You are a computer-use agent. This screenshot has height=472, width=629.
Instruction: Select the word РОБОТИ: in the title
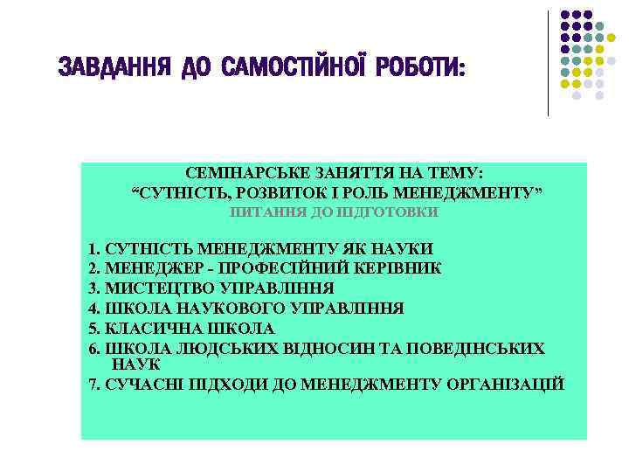tap(420, 67)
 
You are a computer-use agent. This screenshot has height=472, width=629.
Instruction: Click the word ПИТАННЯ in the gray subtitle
tap(259, 212)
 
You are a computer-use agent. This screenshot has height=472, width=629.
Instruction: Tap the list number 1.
tap(93, 249)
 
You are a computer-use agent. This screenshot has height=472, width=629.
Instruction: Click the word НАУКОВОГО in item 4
tap(217, 308)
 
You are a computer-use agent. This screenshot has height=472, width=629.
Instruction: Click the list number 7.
tap(93, 384)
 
